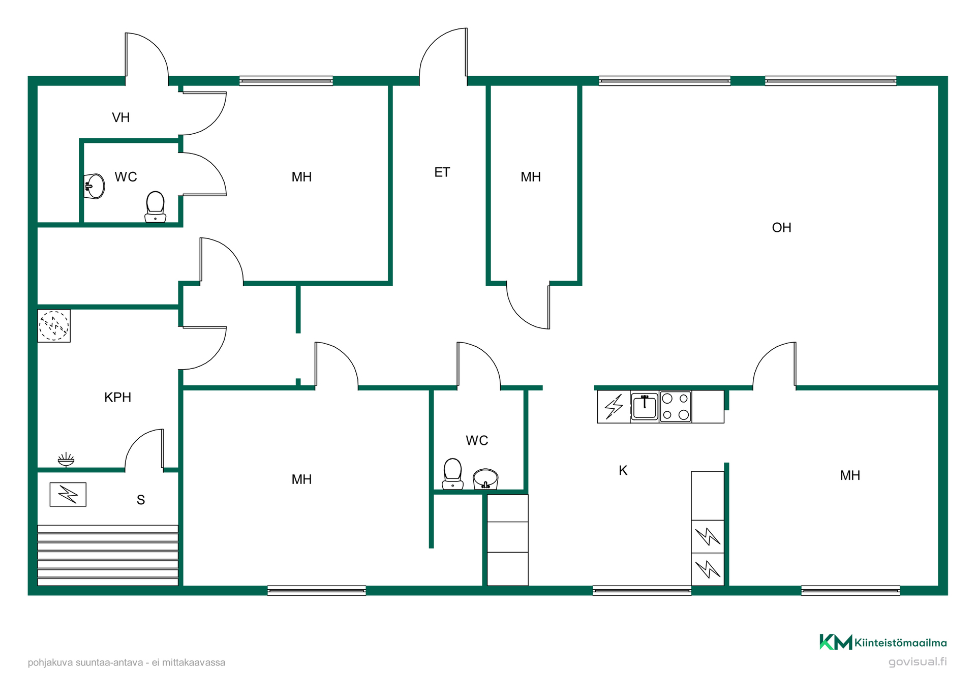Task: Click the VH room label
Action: [120, 117]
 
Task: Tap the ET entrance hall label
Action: [442, 172]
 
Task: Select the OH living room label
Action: [781, 228]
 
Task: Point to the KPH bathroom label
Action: [117, 397]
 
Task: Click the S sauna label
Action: [141, 500]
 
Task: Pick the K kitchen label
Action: [623, 470]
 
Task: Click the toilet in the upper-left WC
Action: [155, 207]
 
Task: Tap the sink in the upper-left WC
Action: [94, 186]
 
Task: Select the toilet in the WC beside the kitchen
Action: [452, 474]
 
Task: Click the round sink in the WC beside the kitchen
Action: [485, 479]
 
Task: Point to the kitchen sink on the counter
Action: [645, 406]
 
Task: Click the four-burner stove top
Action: [676, 406]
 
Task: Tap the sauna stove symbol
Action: [68, 494]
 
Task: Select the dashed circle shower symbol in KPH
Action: [54, 325]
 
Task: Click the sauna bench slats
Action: [108, 555]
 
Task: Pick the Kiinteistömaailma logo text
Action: [900, 643]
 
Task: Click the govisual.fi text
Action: [918, 661]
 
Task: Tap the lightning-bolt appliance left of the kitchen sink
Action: [614, 406]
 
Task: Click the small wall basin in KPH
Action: [66, 460]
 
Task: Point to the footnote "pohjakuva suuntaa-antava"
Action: [85, 662]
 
